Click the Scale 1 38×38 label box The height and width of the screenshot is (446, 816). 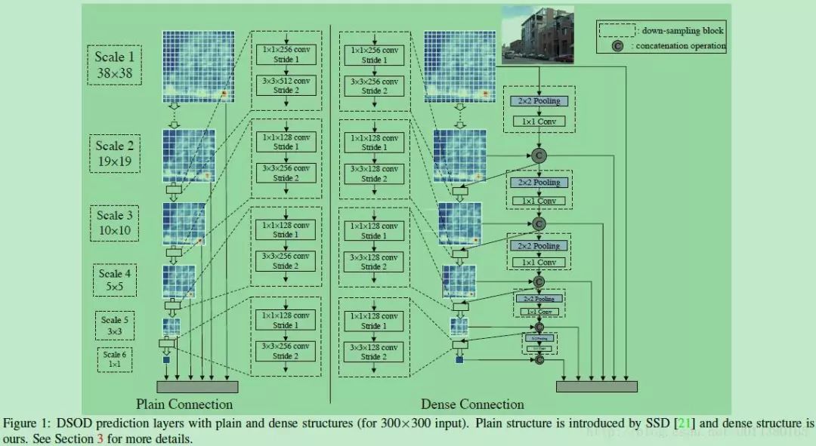(x=116, y=63)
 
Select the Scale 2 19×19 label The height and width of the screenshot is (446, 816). (x=114, y=153)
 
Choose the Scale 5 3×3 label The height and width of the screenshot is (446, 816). (x=116, y=325)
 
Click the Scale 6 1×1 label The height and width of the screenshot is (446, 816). (x=116, y=359)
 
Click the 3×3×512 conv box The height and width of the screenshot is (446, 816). (x=286, y=85)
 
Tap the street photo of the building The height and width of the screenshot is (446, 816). (x=538, y=35)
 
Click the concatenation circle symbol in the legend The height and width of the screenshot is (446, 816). (x=617, y=46)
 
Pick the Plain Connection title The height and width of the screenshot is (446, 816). (x=184, y=404)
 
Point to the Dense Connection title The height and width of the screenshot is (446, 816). (x=471, y=404)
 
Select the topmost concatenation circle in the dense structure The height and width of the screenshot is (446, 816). (x=539, y=155)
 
